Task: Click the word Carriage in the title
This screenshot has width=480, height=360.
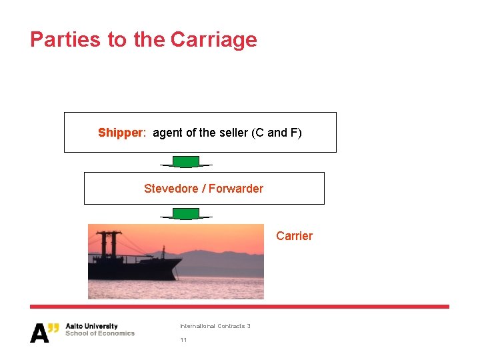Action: click(213, 39)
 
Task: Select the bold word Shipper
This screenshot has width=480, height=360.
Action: click(120, 133)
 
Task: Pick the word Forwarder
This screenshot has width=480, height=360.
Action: click(236, 189)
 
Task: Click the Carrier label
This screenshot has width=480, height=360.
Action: click(294, 236)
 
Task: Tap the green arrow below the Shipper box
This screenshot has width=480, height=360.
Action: click(186, 162)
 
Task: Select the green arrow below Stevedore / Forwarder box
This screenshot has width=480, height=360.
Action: click(186, 213)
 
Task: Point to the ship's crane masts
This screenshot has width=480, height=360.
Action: click(107, 243)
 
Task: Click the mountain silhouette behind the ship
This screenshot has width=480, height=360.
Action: click(213, 257)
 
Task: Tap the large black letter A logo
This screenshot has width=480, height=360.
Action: click(39, 333)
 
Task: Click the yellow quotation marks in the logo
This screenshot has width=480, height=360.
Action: click(55, 327)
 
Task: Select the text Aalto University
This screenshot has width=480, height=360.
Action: click(91, 327)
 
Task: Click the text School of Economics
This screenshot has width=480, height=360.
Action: click(99, 333)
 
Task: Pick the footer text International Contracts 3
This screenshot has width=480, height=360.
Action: click(215, 326)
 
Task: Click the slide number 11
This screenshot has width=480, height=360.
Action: click(183, 340)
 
